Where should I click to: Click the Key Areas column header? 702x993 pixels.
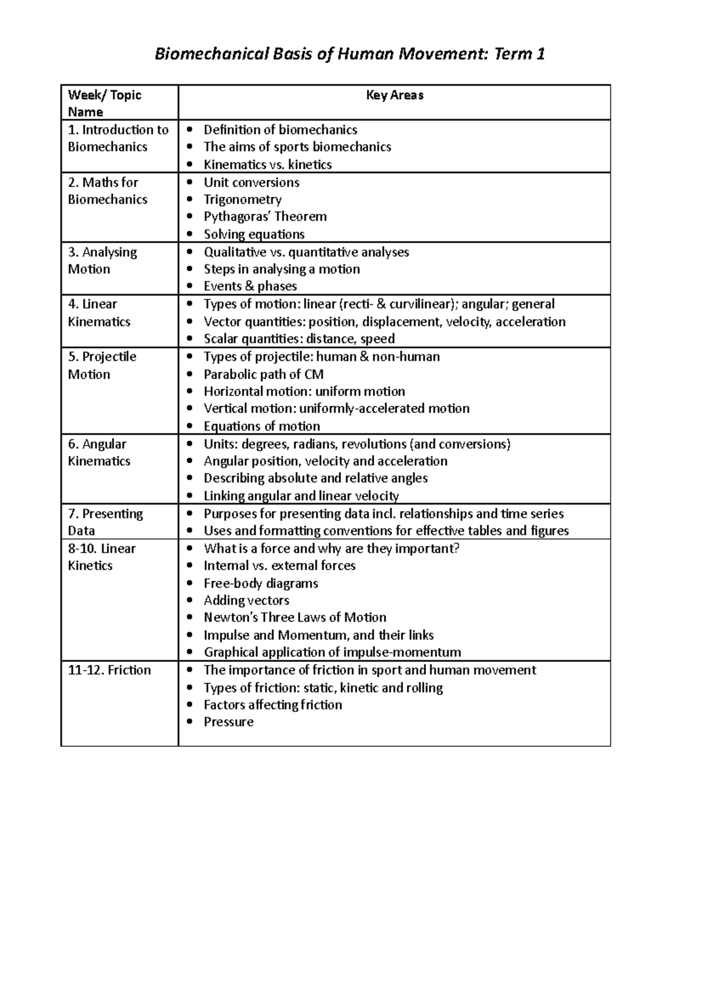pyautogui.click(x=394, y=95)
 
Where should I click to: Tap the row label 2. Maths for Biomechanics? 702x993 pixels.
pyautogui.click(x=107, y=191)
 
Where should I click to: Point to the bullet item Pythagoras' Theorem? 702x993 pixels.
pyautogui.click(x=264, y=216)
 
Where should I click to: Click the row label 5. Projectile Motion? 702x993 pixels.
pyautogui.click(x=102, y=365)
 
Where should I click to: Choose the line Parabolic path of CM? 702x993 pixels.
pyautogui.click(x=263, y=374)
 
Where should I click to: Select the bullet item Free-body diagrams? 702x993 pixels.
pyautogui.click(x=260, y=583)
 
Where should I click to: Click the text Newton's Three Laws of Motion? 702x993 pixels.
pyautogui.click(x=294, y=618)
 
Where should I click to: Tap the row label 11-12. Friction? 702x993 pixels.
pyautogui.click(x=109, y=670)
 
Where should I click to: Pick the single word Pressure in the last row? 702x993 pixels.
pyautogui.click(x=228, y=722)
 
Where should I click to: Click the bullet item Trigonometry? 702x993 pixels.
pyautogui.click(x=242, y=199)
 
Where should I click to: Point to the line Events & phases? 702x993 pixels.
pyautogui.click(x=250, y=286)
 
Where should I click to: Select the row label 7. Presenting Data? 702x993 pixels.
pyautogui.click(x=105, y=522)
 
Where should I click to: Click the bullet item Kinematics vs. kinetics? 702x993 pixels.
pyautogui.click(x=267, y=164)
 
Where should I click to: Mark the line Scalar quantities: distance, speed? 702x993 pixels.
pyautogui.click(x=298, y=339)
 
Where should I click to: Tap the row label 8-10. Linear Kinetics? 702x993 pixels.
pyautogui.click(x=101, y=557)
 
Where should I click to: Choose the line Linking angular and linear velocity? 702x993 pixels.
pyautogui.click(x=301, y=496)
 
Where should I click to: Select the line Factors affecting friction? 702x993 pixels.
pyautogui.click(x=273, y=705)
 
